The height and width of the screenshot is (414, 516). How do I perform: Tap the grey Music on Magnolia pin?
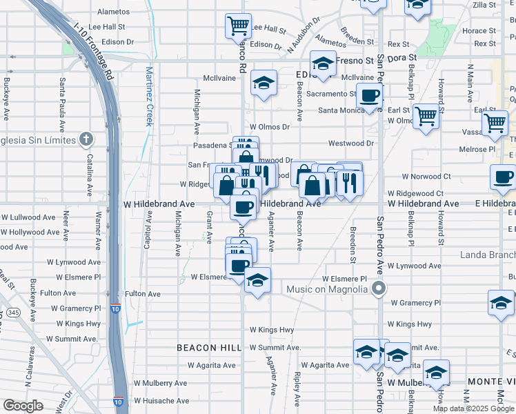378,288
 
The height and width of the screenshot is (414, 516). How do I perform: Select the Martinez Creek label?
148,95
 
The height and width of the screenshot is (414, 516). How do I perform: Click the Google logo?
23,405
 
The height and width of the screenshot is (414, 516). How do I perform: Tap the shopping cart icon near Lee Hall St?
237,26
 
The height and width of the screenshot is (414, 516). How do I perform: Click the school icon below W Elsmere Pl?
257,280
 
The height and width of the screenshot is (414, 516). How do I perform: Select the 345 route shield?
12,313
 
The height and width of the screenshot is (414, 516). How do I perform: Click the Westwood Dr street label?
350,144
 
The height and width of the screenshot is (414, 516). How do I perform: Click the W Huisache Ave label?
161,400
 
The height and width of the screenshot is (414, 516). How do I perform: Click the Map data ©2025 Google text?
474,408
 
